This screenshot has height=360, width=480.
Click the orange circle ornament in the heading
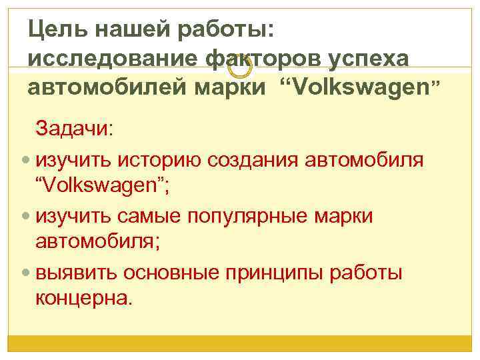239,65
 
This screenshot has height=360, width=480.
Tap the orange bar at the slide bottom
240,343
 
